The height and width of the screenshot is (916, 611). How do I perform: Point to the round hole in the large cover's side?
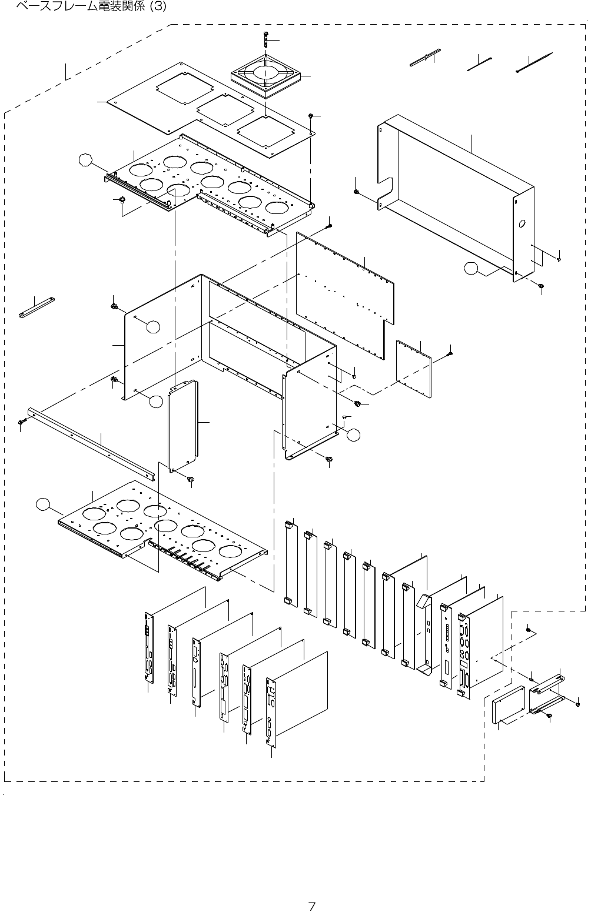point(522,225)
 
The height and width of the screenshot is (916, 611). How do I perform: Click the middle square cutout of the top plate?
point(224,111)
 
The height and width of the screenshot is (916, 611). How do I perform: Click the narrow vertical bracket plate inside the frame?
point(184,426)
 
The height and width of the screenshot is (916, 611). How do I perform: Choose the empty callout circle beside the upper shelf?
point(86,159)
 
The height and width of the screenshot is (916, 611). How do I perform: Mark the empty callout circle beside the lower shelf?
point(42,503)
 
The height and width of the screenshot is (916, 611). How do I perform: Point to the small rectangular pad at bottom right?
point(509,703)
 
